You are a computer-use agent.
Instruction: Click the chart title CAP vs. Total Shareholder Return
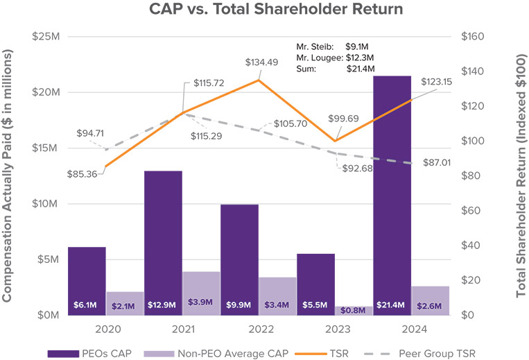tap(264, 10)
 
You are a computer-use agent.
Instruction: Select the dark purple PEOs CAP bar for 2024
tap(392, 194)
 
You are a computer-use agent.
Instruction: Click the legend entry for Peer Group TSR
tap(427, 352)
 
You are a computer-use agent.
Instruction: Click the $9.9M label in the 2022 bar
tap(239, 305)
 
